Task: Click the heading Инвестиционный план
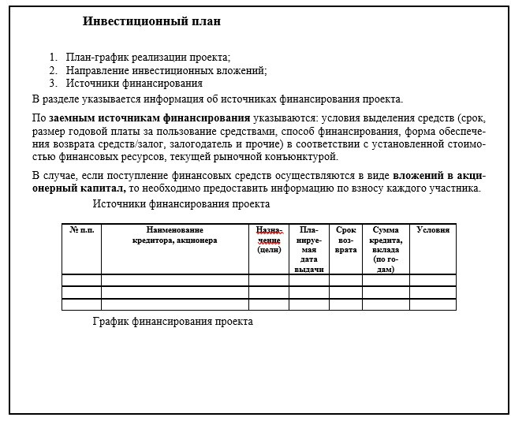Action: click(x=151, y=21)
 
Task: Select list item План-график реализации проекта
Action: click(x=148, y=58)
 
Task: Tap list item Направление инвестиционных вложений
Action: click(x=166, y=70)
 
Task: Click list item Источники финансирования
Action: click(x=134, y=83)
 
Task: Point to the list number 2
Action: click(x=53, y=70)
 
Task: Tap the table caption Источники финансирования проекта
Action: click(x=181, y=204)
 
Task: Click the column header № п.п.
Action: click(x=81, y=230)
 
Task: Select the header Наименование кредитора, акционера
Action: click(x=174, y=235)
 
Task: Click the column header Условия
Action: click(x=433, y=230)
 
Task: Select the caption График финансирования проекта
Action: click(x=173, y=322)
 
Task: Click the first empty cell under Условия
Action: click(x=433, y=280)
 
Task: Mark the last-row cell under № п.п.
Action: click(x=81, y=304)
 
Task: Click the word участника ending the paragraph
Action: click(x=449, y=188)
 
